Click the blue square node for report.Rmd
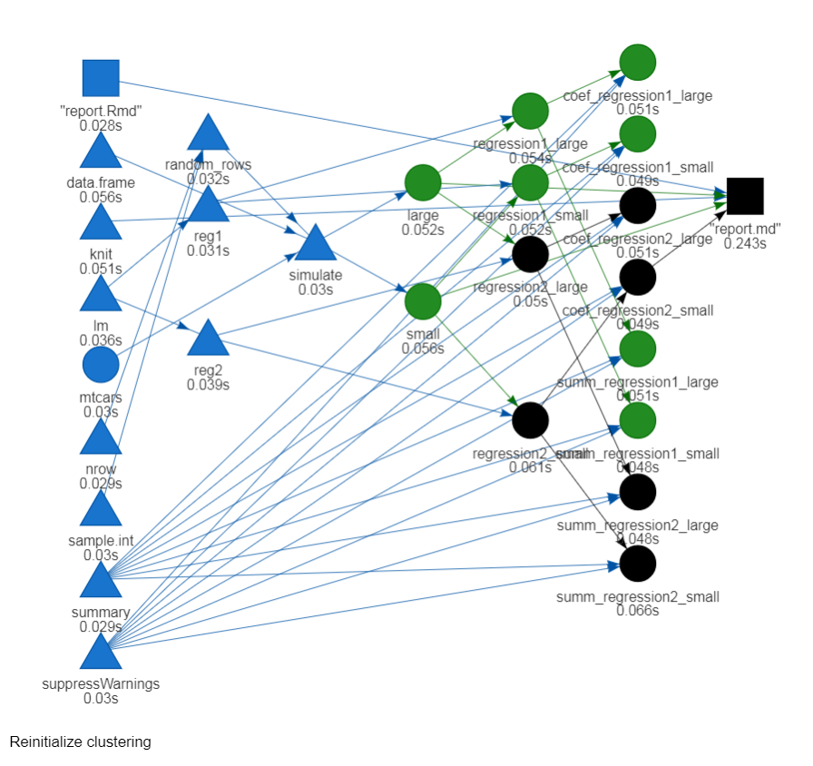point(101,78)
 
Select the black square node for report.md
point(745,196)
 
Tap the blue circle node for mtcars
point(101,366)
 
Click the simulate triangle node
point(316,244)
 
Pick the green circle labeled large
point(423,183)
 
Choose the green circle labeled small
point(423,301)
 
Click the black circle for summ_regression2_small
point(638,564)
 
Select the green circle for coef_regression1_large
point(638,62)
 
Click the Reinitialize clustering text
point(81,742)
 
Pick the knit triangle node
point(101,223)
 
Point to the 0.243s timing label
point(745,243)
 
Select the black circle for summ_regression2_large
point(638,492)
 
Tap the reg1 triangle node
point(209,206)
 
